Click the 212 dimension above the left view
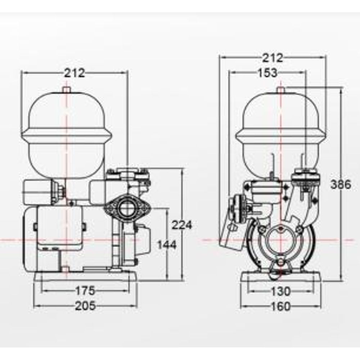point(75,73)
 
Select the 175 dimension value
point(85,290)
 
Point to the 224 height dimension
point(182,225)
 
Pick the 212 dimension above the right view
point(273,58)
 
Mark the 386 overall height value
point(340,185)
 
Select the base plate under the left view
point(85,277)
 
